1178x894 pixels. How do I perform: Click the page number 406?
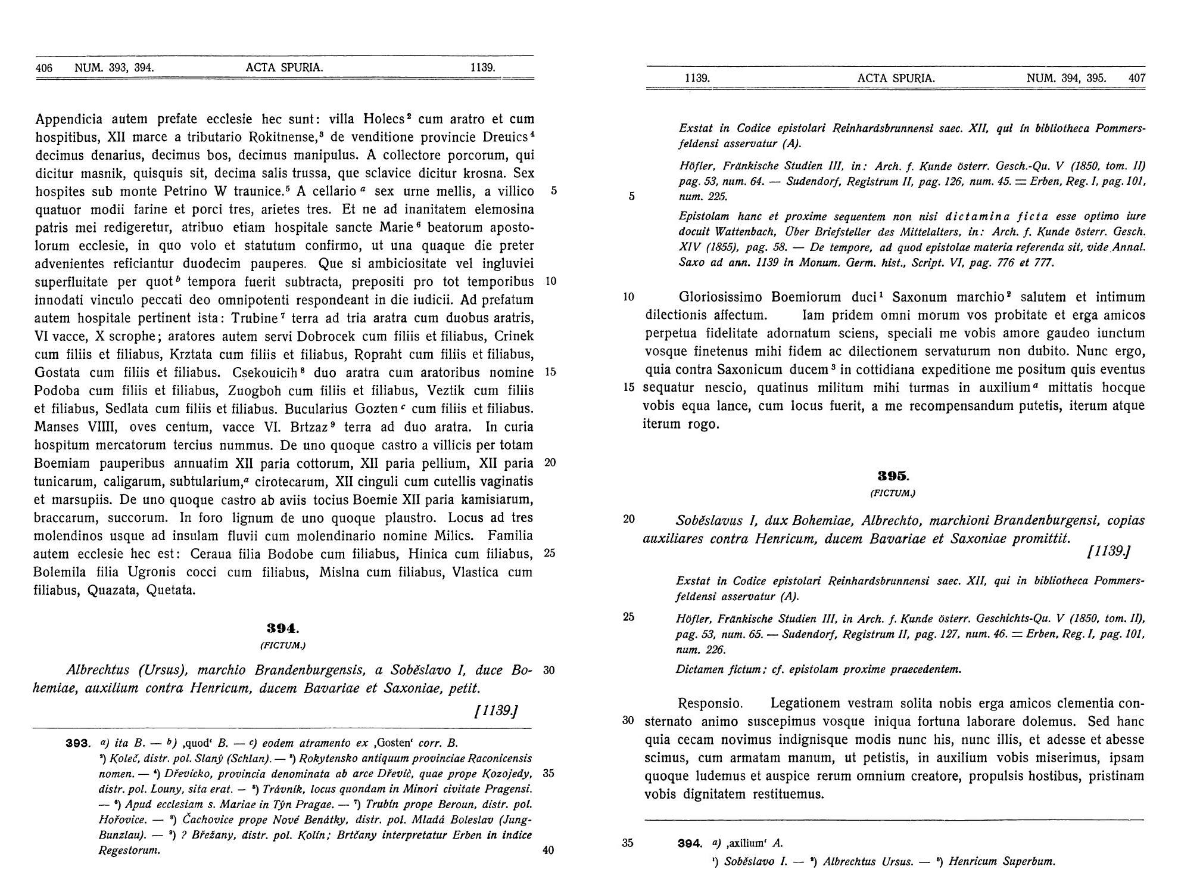[44, 68]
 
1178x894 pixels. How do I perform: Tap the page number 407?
[1137, 78]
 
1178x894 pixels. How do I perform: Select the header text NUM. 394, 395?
[1067, 78]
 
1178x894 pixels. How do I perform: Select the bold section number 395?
[893, 476]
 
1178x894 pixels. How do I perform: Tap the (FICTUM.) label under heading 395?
[893, 493]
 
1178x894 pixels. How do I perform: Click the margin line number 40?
[549, 850]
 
